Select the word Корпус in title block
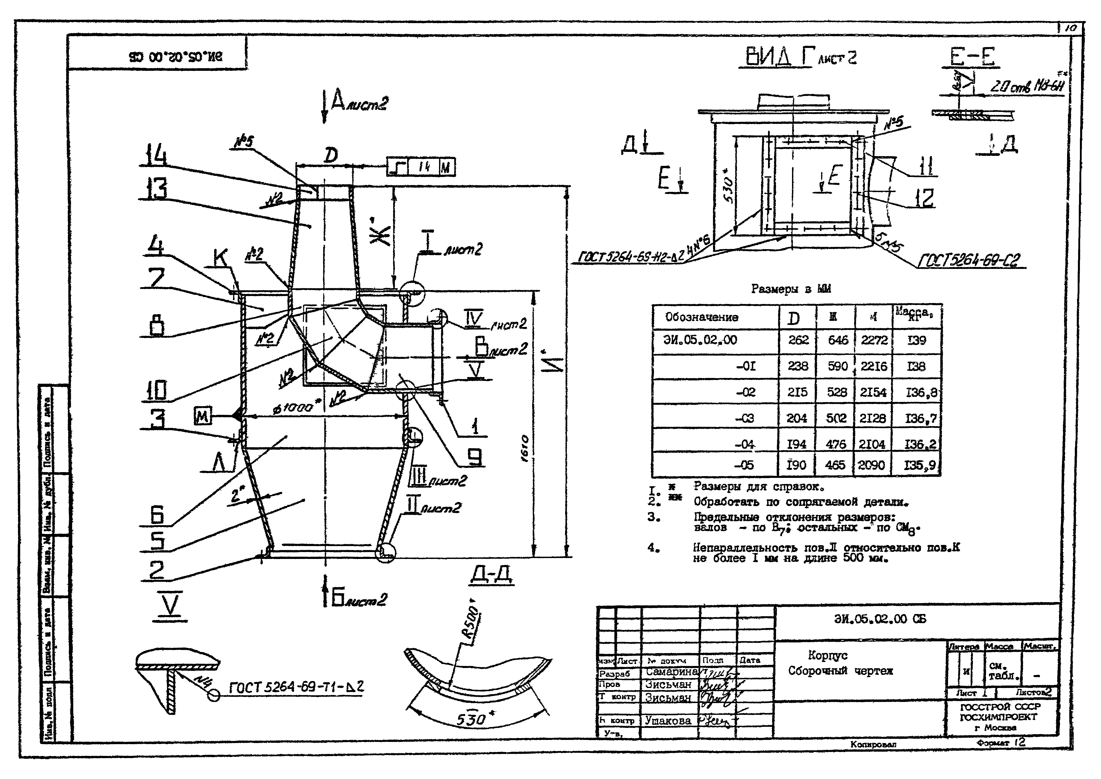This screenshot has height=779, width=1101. point(827,655)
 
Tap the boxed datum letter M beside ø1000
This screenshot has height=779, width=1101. point(202,415)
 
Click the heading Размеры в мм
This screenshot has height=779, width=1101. point(790,289)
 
